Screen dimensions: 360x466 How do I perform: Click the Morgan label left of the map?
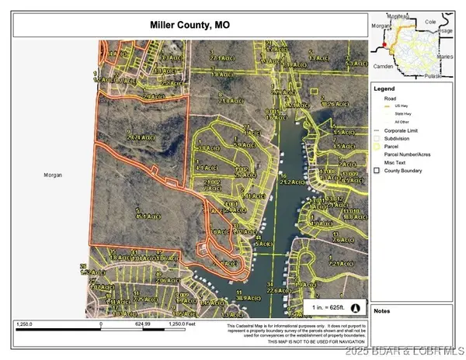pos(52,175)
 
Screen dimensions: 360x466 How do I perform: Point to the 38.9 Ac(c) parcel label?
pos(246,296)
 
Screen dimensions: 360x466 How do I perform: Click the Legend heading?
pos(385,88)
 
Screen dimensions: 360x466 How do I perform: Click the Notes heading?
pos(382,310)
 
